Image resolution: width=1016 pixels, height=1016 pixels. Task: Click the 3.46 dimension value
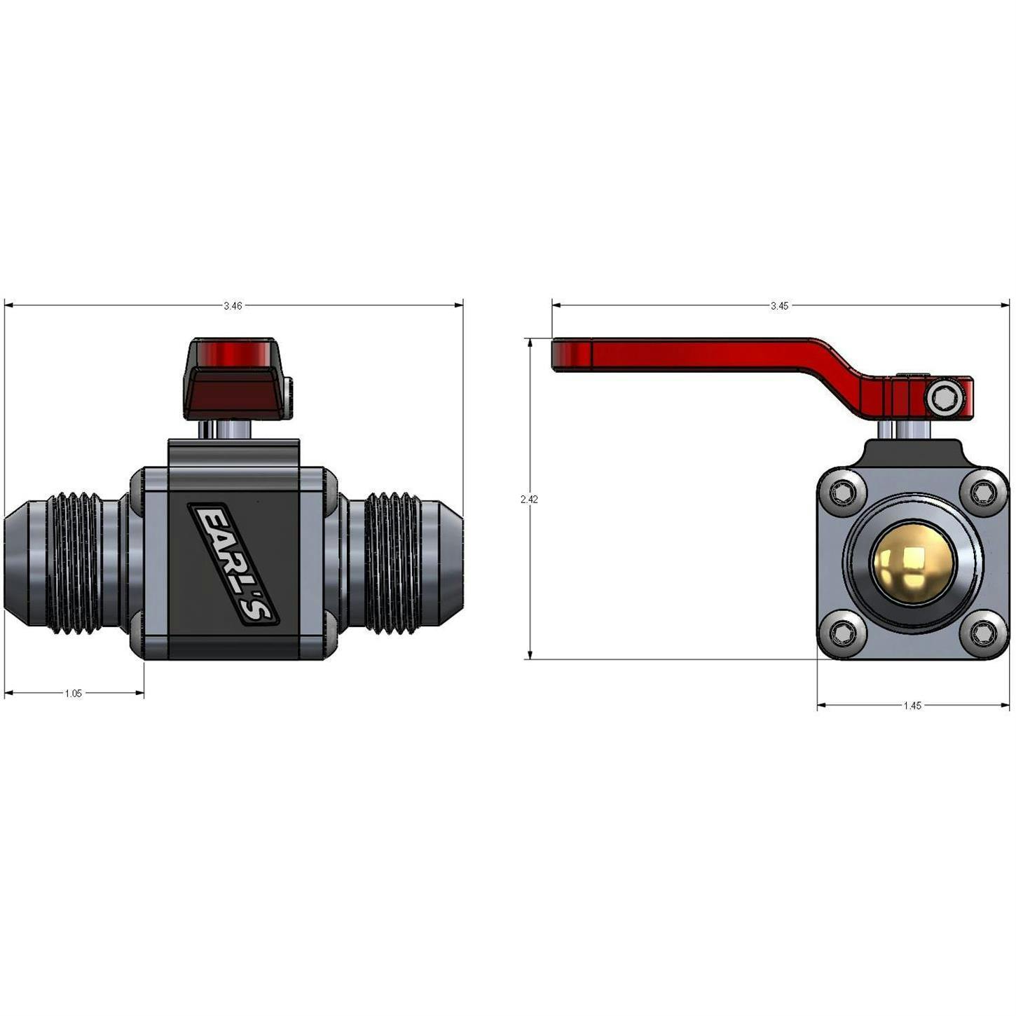tap(233, 306)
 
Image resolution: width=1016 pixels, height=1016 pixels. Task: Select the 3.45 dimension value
tap(779, 306)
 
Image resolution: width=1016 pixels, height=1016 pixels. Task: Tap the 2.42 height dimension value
tap(529, 499)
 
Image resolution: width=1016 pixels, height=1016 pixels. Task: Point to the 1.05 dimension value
tap(74, 693)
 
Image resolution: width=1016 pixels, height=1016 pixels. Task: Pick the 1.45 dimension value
tap(912, 706)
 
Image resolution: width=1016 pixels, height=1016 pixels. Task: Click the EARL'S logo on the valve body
tap(233, 564)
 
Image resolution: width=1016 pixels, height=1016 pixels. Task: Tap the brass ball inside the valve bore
tap(912, 562)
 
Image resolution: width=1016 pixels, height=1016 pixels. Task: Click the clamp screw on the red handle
tap(945, 399)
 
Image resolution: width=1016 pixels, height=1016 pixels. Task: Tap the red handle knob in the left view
tap(234, 379)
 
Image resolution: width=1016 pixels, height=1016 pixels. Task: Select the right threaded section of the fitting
tap(392, 563)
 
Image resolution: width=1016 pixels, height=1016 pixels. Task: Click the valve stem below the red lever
tap(904, 430)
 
